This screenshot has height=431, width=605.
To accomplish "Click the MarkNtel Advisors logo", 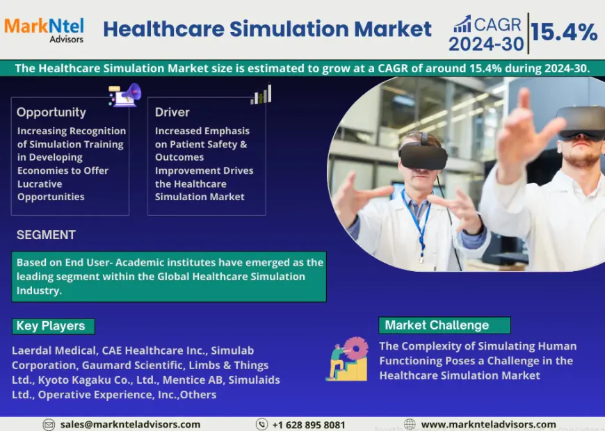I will tap(44, 29).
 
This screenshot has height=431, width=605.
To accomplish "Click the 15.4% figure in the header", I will tap(564, 32).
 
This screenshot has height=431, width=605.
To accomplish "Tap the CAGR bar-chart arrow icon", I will tap(462, 24).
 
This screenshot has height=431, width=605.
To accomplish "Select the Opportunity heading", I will tap(51, 112).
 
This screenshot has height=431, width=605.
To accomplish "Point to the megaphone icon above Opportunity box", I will tap(125, 95).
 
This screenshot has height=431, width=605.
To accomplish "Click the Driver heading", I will tap(172, 112).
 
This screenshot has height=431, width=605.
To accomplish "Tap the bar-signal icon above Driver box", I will tap(261, 95).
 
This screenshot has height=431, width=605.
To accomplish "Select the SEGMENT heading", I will tap(46, 235).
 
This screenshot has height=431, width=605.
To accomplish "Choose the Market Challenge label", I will tap(437, 325).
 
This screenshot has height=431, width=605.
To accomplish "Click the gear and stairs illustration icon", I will tap(347, 359).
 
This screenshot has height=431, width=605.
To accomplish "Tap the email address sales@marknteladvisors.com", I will tap(130, 424).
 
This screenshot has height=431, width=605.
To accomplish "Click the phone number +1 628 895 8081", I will tap(308, 424).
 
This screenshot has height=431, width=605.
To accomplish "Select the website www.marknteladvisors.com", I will tap(488, 424).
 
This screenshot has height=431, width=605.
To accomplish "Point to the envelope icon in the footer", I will tap(49, 424).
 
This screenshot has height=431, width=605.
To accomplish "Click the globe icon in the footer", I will tap(410, 424).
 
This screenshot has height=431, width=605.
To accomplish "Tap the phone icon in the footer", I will tap(261, 424).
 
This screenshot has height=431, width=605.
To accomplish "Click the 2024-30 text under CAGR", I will tap(485, 44).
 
